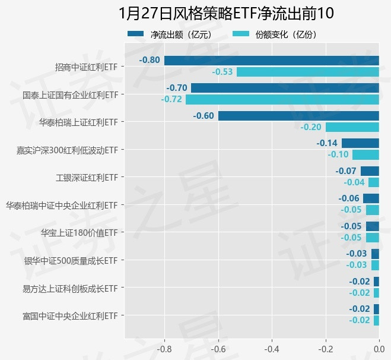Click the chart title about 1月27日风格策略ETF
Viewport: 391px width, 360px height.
[226, 13]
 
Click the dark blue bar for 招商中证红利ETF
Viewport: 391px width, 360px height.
[271, 60]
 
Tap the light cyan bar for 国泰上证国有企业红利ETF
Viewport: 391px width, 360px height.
[282, 99]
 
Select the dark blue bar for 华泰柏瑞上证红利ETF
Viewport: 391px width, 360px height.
[298, 115]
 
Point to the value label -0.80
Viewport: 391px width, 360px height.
[150, 60]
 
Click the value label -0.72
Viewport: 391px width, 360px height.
[171, 99]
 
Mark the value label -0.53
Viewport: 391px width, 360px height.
[222, 72]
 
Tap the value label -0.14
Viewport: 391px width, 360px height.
[327, 143]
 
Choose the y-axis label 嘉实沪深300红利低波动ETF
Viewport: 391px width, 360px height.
[67, 150]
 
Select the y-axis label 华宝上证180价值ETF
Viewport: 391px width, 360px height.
[79, 233]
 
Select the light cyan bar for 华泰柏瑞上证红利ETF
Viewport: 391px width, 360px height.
[352, 127]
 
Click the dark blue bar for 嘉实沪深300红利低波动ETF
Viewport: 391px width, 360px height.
[360, 143]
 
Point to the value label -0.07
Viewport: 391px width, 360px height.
[346, 171]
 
